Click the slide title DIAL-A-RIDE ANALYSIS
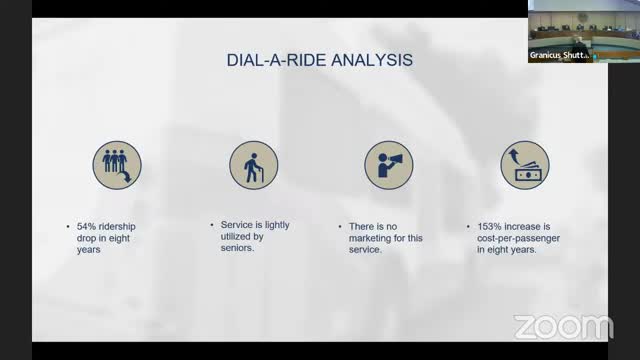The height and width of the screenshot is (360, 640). click(x=318, y=61)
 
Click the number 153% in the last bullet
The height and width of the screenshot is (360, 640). click(x=490, y=226)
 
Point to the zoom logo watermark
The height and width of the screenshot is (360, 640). click(x=562, y=327)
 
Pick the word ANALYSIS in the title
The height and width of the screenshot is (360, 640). click(x=371, y=61)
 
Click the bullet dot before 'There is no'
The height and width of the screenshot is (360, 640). click(x=343, y=226)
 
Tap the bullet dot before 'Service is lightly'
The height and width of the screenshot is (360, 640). click(x=209, y=226)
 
